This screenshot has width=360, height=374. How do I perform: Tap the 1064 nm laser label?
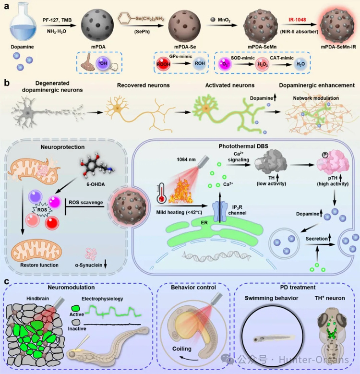186,164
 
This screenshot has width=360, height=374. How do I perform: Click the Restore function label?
41,265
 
